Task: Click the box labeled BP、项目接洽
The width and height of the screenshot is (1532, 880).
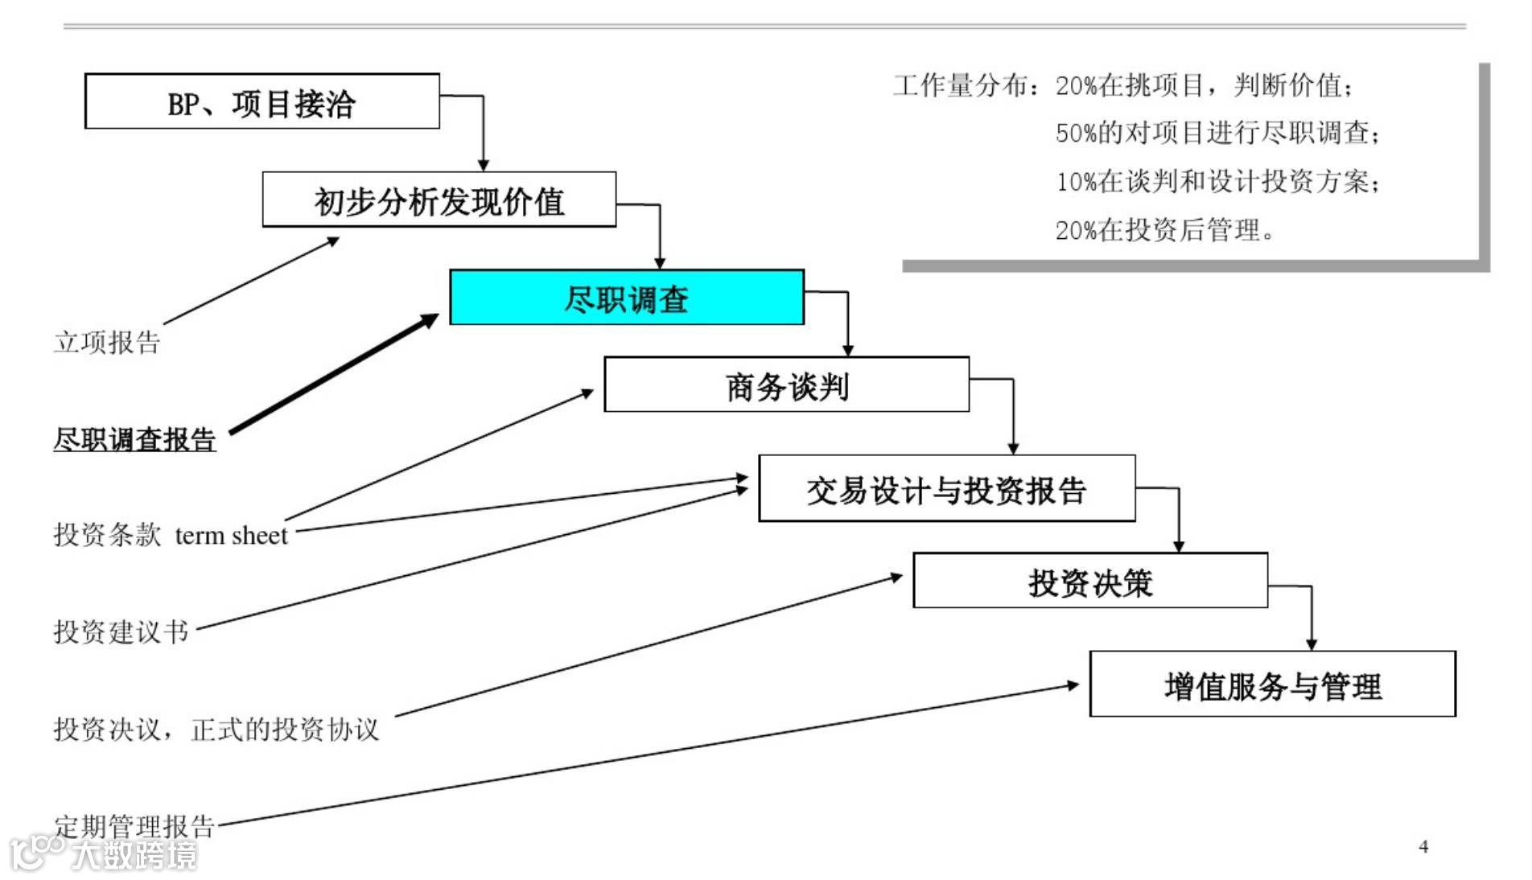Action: (x=262, y=101)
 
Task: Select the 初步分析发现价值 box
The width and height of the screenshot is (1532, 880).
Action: (x=439, y=199)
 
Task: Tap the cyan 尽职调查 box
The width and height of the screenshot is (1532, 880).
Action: (x=626, y=298)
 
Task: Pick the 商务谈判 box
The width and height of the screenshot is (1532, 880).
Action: (x=786, y=385)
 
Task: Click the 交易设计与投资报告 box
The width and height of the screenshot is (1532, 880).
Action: (x=946, y=489)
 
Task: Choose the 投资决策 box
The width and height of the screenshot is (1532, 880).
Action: (x=1089, y=581)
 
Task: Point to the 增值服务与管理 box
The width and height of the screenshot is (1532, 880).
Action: (x=1272, y=685)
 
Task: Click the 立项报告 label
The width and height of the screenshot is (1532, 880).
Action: (x=107, y=342)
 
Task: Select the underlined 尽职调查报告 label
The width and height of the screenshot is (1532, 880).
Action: (x=134, y=439)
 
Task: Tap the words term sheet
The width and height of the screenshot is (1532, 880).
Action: (x=231, y=535)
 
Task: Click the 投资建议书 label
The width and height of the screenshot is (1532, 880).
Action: (x=121, y=631)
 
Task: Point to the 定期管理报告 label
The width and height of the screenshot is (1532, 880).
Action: (x=134, y=824)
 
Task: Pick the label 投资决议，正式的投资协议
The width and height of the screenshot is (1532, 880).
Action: (x=216, y=729)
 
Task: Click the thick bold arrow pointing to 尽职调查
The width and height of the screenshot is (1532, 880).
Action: (x=334, y=374)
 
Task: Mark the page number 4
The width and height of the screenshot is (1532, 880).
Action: (x=1423, y=846)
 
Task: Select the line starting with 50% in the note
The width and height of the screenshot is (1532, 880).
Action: (x=1217, y=133)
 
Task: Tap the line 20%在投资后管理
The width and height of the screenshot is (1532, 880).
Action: (x=1163, y=230)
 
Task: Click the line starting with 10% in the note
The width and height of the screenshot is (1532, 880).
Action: (x=1217, y=182)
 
